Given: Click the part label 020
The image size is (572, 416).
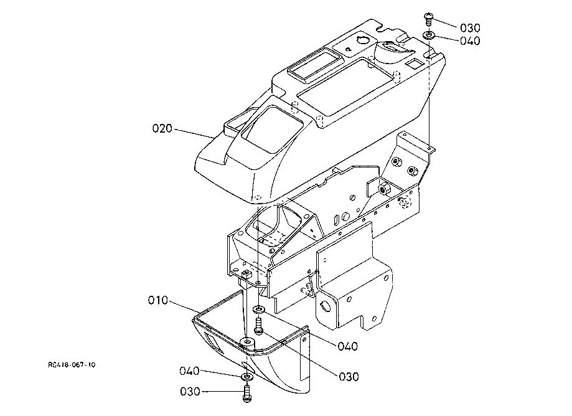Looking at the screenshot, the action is [162, 128].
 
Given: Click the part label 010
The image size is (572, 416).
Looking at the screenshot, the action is [158, 300].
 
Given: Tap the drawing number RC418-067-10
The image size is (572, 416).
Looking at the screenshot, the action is [72, 364].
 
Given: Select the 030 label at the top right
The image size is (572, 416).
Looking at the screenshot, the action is [470, 28].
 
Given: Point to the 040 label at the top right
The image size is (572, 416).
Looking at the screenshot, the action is [470, 41].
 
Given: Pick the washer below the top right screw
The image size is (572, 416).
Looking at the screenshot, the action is [429, 35].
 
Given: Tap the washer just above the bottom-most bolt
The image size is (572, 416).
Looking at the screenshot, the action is [247, 377].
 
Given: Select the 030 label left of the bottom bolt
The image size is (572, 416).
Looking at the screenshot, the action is [190, 392].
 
